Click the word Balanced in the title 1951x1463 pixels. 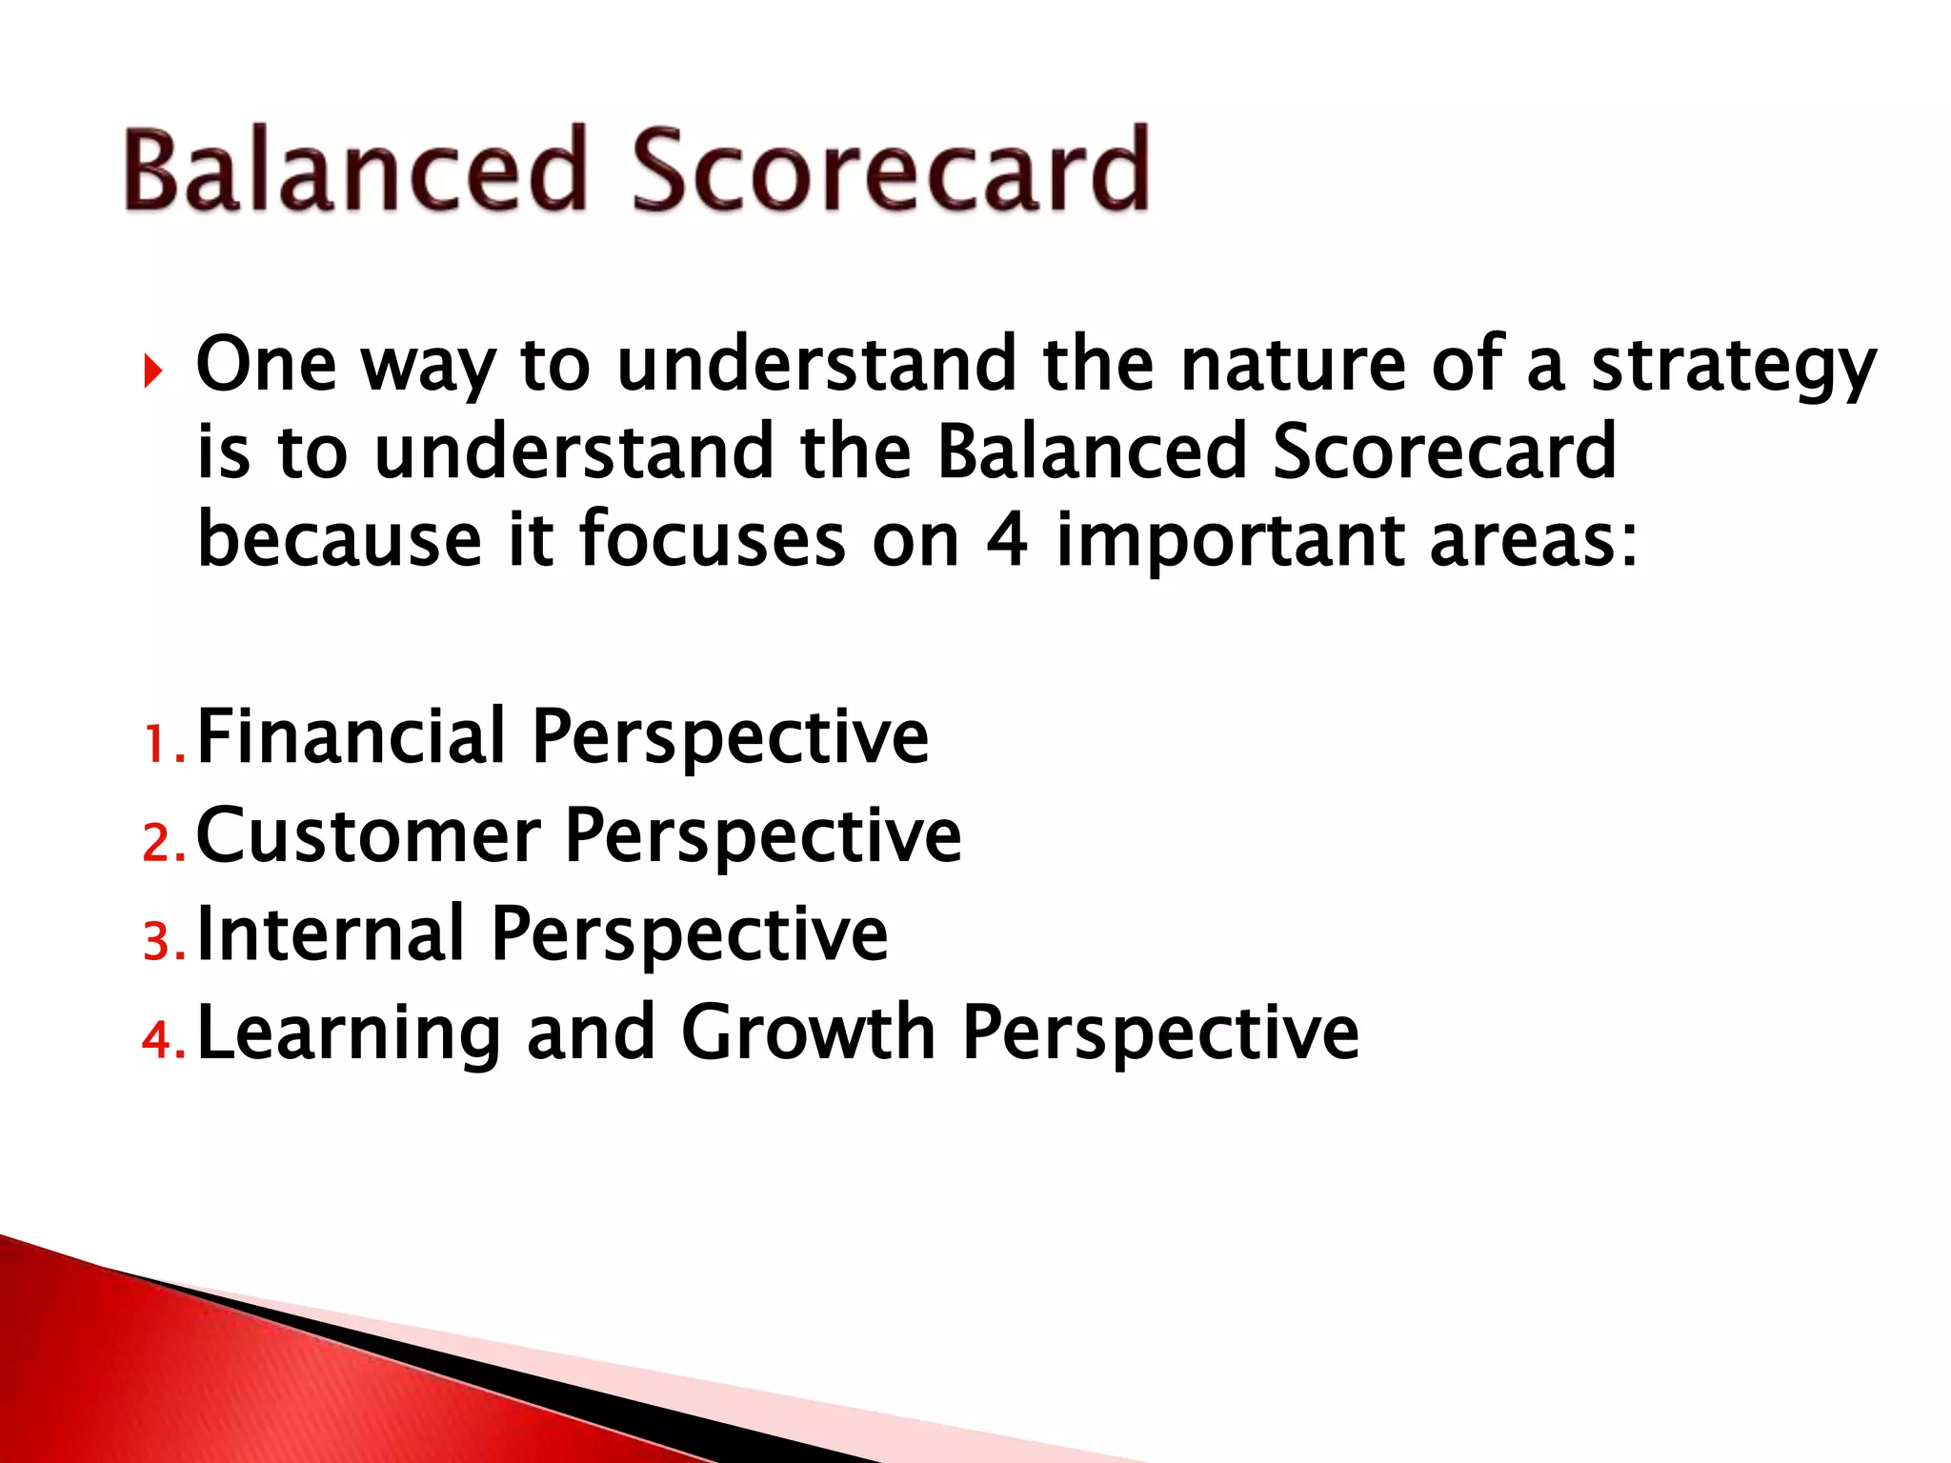pos(354,171)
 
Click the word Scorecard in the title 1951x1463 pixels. pos(891,171)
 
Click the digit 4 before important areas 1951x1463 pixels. pos(1007,541)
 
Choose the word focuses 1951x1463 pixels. pos(712,541)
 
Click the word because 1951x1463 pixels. pos(339,541)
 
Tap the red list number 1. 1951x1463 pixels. pos(155,745)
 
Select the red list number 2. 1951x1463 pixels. pos(155,844)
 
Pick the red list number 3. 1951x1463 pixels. pos(155,942)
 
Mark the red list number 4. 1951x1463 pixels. pos(155,1040)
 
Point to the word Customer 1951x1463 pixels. pos(368,835)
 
